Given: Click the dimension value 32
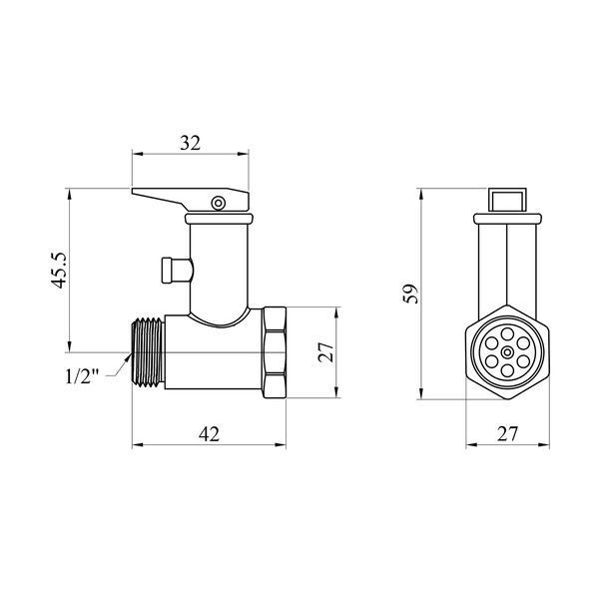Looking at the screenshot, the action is [191, 143].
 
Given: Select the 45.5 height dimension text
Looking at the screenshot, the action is [60, 271].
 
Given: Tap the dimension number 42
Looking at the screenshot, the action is [209, 434].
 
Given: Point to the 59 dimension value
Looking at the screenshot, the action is [411, 294].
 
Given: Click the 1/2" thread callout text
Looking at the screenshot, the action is [82, 377].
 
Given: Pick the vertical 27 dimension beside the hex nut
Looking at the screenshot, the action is [325, 351].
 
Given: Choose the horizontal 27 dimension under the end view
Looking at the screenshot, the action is [507, 434].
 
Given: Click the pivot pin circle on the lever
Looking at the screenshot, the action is [219, 203].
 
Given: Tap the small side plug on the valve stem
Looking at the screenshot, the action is [177, 271].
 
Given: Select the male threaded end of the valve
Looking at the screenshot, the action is [148, 352].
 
